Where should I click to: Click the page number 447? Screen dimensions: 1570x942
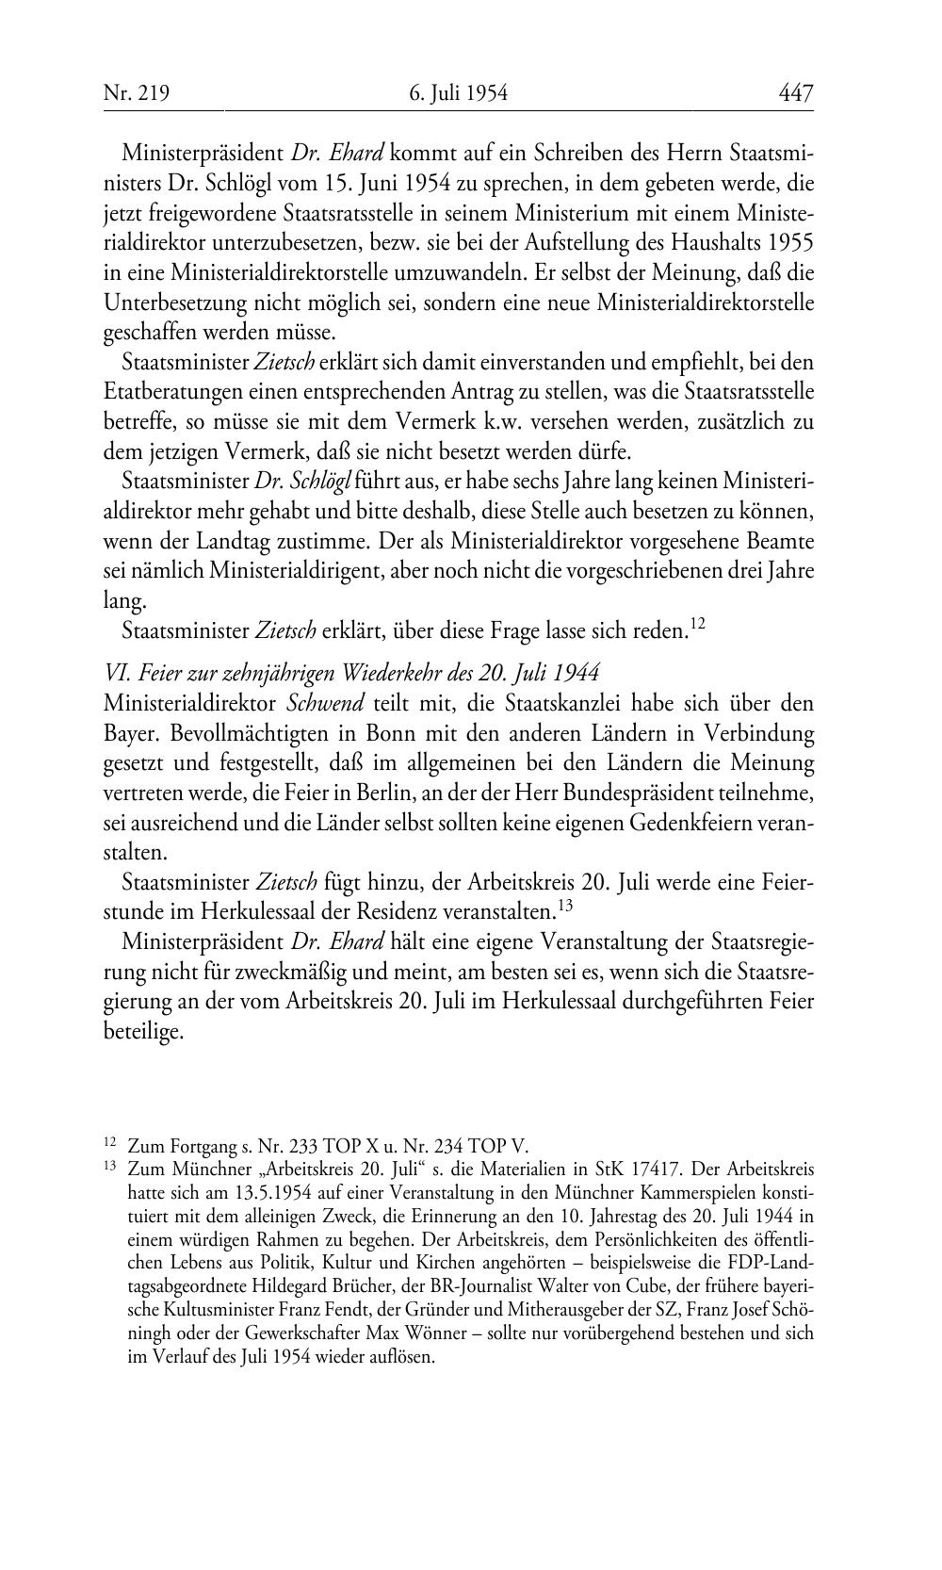[x=795, y=92]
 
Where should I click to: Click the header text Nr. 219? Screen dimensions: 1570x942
[x=136, y=92]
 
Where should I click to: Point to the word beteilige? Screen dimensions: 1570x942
[x=141, y=1032]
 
